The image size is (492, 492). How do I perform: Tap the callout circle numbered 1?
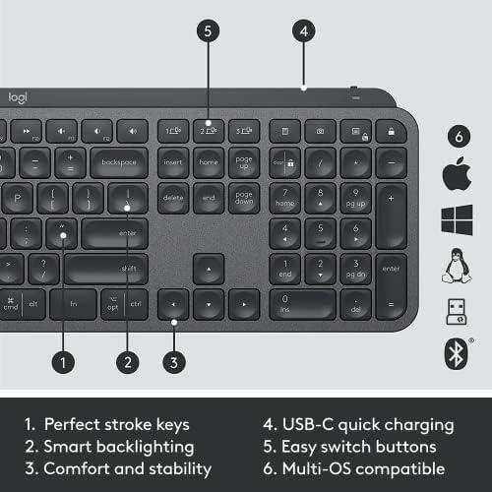pyautogui.click(x=64, y=362)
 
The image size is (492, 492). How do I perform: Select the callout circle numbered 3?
pyautogui.click(x=173, y=362)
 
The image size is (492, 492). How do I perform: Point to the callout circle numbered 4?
pyautogui.click(x=305, y=31)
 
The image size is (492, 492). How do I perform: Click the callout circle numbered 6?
pyautogui.click(x=456, y=136)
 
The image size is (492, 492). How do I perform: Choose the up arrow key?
pyautogui.click(x=208, y=268)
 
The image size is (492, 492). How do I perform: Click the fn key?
pyautogui.click(x=73, y=304)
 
